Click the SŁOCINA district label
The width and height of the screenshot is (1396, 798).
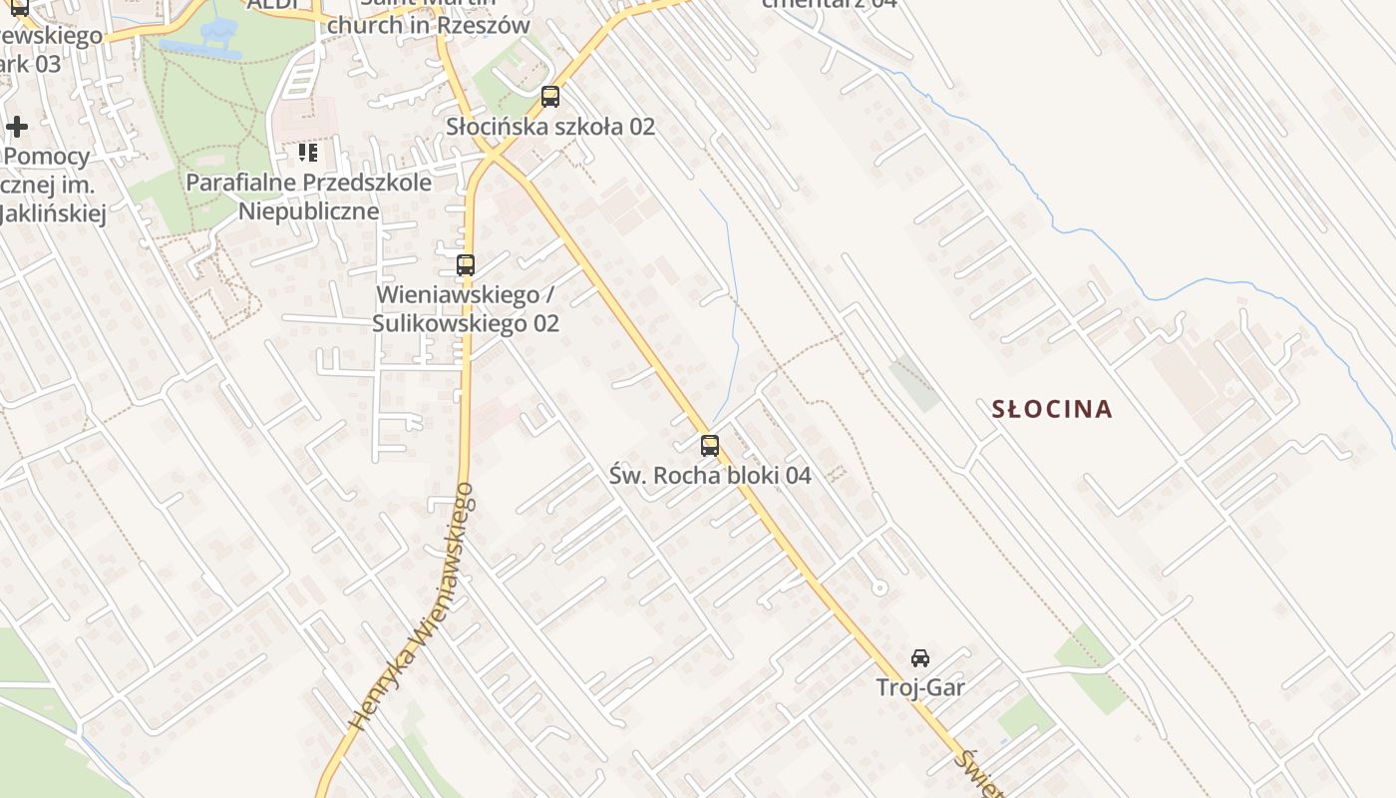pos(1052,409)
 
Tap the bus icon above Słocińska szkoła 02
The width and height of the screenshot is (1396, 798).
pos(549,97)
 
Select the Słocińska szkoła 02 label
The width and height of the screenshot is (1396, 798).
pos(550,127)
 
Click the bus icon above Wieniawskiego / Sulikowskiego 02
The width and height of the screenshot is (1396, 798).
pos(466,265)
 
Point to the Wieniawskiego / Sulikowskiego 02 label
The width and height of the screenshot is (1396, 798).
pos(466,309)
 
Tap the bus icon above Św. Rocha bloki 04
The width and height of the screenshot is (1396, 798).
pos(710,446)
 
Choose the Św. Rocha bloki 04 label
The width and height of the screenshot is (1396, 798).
pos(710,476)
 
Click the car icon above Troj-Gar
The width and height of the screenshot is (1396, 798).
pos(920,658)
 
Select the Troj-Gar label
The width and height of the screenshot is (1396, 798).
pos(920,687)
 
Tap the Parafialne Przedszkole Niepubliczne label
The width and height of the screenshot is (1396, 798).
pos(309,197)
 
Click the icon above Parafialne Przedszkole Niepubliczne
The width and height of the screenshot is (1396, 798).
pos(308,153)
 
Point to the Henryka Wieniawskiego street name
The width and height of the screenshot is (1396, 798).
pos(411,606)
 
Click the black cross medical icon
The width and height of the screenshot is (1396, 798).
pos(17,127)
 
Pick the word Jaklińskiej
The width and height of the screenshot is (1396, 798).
pos(54,213)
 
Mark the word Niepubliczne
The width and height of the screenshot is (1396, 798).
pos(309,211)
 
